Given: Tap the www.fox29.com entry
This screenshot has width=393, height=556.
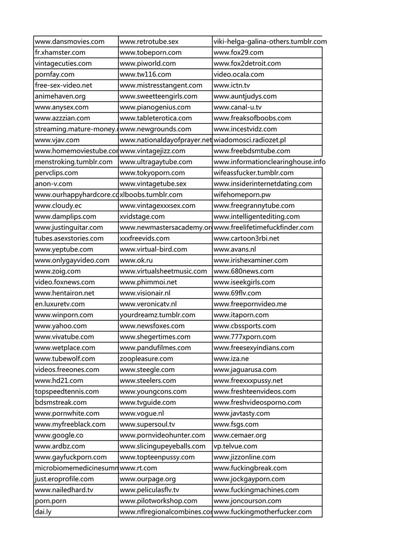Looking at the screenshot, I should [239, 53].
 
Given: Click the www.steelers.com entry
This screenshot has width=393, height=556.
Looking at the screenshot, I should [148, 381].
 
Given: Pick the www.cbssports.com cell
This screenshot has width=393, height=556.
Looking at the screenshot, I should [245, 326].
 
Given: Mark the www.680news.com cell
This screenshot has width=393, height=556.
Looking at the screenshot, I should [244, 271].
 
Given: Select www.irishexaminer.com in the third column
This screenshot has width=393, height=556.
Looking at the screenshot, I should [251, 260].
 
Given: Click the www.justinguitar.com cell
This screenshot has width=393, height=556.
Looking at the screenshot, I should [69, 227].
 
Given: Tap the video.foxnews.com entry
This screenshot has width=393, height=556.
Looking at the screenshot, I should [65, 282].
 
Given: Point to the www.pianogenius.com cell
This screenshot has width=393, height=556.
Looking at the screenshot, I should [155, 107].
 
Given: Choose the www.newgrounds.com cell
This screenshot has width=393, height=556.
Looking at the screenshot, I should [156, 129].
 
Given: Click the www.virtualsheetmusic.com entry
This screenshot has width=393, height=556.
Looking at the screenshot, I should [164, 271].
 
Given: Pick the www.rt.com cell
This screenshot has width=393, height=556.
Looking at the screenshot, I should [139, 468].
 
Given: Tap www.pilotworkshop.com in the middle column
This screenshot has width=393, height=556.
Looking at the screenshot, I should [159, 501].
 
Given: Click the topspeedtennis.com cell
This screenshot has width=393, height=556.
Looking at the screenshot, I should [67, 391].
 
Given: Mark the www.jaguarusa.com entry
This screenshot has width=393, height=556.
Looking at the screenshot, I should [245, 369].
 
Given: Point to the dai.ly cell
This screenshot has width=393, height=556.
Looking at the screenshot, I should [43, 512].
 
